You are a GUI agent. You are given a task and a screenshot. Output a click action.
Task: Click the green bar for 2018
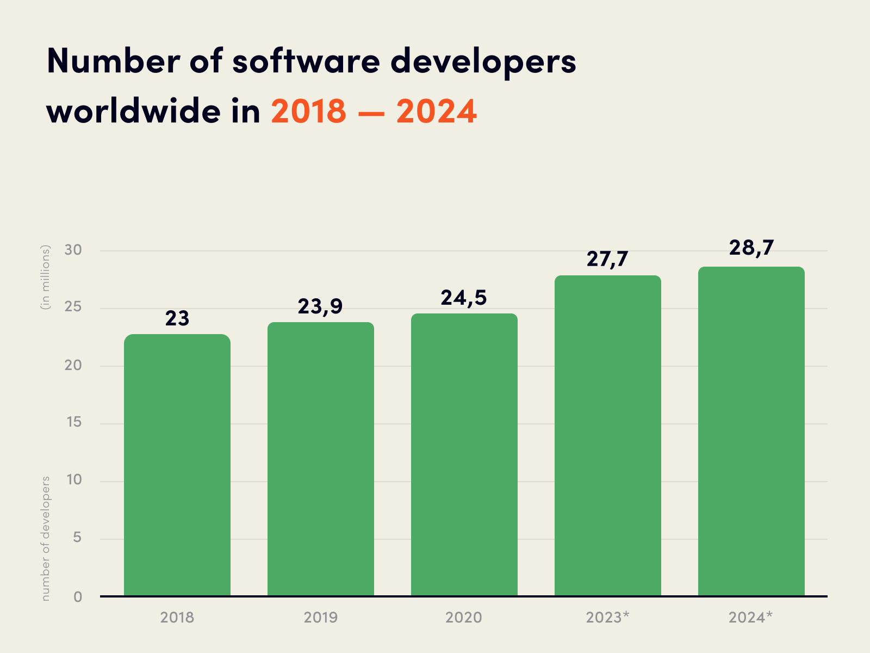[x=177, y=465]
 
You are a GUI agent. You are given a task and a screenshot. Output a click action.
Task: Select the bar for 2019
[x=321, y=459]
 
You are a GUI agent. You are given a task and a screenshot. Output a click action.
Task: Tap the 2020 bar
[x=464, y=455]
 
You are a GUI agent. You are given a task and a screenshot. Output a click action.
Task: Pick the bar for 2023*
[x=608, y=435]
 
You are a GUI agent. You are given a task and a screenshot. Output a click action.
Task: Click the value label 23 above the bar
[x=177, y=319]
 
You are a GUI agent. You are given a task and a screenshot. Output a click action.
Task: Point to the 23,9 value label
[x=320, y=307]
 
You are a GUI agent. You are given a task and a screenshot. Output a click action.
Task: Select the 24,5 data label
[x=464, y=298]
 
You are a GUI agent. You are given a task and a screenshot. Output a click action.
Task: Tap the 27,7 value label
[x=607, y=260]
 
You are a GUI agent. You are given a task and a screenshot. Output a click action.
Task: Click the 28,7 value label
[x=751, y=248]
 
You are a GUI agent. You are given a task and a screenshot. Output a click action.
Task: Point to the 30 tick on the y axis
[x=73, y=250]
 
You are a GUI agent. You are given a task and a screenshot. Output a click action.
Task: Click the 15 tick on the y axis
[x=73, y=422]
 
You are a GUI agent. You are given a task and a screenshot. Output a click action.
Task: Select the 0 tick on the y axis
[x=78, y=597]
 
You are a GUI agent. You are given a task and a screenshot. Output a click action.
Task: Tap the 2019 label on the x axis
[x=320, y=618]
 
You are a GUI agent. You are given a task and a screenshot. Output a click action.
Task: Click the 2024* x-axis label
[x=750, y=618]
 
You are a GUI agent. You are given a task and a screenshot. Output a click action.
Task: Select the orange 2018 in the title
[x=308, y=111]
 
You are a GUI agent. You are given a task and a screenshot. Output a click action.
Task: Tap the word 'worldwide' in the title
[x=134, y=111]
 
